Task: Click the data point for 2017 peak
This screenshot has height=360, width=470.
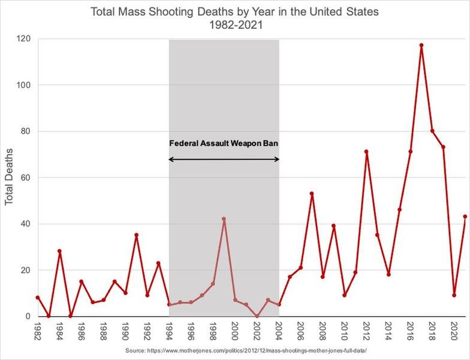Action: click(421, 45)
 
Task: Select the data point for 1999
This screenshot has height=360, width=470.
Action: click(224, 219)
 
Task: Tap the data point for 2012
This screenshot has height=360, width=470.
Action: click(366, 152)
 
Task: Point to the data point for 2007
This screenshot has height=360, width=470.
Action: click(312, 194)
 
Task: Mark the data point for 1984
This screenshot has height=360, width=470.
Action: click(59, 251)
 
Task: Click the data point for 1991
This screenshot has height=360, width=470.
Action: click(136, 235)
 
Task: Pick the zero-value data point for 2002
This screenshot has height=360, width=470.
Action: click(257, 316)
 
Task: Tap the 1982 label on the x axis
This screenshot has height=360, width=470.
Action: click(37, 331)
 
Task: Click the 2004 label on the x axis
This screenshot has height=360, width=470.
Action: click(279, 331)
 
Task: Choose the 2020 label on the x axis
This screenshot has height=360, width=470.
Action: click(454, 331)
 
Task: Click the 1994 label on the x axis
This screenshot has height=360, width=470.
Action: click(169, 331)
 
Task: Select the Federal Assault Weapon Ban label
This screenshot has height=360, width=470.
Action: click(224, 144)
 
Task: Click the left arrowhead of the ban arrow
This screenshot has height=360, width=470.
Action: click(171, 159)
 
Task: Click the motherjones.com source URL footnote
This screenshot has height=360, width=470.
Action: click(246, 350)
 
